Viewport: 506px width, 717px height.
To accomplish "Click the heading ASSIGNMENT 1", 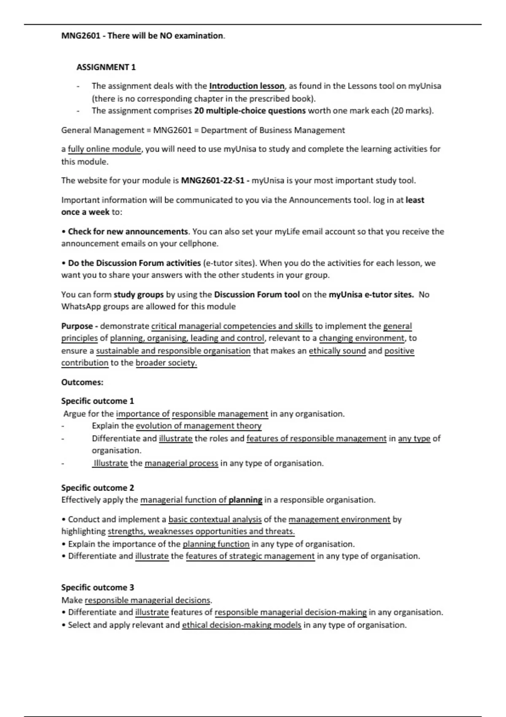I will (x=106, y=67).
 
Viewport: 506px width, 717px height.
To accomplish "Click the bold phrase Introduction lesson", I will (x=247, y=86).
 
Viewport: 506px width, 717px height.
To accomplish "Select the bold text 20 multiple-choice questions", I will (x=250, y=111).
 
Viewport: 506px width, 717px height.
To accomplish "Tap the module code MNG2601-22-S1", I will (x=213, y=181).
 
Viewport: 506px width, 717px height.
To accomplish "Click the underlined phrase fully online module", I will (x=104, y=149).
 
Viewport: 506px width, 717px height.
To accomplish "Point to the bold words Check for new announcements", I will (x=128, y=232).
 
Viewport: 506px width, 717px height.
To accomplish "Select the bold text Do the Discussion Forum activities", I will (x=134, y=263).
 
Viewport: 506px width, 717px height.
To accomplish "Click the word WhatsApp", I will (x=81, y=307).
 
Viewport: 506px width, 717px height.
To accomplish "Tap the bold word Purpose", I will (x=77, y=326).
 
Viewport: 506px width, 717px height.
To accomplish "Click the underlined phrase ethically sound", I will (x=337, y=351).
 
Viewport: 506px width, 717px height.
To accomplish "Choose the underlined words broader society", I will (x=166, y=363).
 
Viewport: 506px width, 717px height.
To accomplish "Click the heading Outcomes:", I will (x=82, y=383).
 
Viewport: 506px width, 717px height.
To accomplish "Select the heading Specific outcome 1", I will (x=97, y=401).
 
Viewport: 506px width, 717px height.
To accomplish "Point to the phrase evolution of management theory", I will (x=199, y=426).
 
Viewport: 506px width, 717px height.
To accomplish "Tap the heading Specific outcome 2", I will (x=97, y=488).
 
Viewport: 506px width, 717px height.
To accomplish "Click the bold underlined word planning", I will (x=245, y=500).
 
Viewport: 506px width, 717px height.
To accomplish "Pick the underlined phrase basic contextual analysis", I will (x=215, y=520).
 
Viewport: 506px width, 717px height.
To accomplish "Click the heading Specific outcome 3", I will (x=97, y=588).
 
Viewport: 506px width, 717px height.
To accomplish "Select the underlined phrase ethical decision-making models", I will (x=242, y=625).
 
